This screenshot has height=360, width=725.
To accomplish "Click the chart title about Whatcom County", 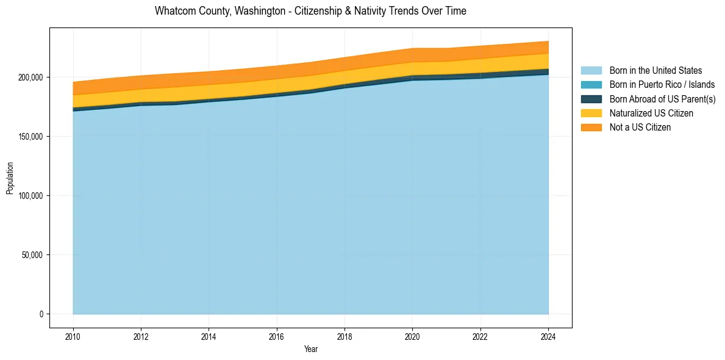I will (310, 11).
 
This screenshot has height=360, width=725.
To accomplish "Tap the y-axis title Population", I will (10, 178).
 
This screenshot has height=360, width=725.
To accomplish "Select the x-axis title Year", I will (310, 349).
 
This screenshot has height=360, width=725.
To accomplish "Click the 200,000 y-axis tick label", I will (30, 77).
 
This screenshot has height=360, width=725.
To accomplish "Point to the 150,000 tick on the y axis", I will (30, 137).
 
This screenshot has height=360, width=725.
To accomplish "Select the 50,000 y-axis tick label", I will (32, 255).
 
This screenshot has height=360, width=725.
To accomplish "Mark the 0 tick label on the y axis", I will (41, 314).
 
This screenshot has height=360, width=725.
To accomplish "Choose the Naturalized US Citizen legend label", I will (651, 113).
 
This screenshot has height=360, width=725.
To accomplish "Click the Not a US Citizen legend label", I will (640, 128).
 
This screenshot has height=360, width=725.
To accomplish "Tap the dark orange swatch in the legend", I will (591, 128).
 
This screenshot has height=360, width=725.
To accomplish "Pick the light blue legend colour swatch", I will (591, 71).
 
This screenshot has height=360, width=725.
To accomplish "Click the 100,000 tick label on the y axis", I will (30, 196).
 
